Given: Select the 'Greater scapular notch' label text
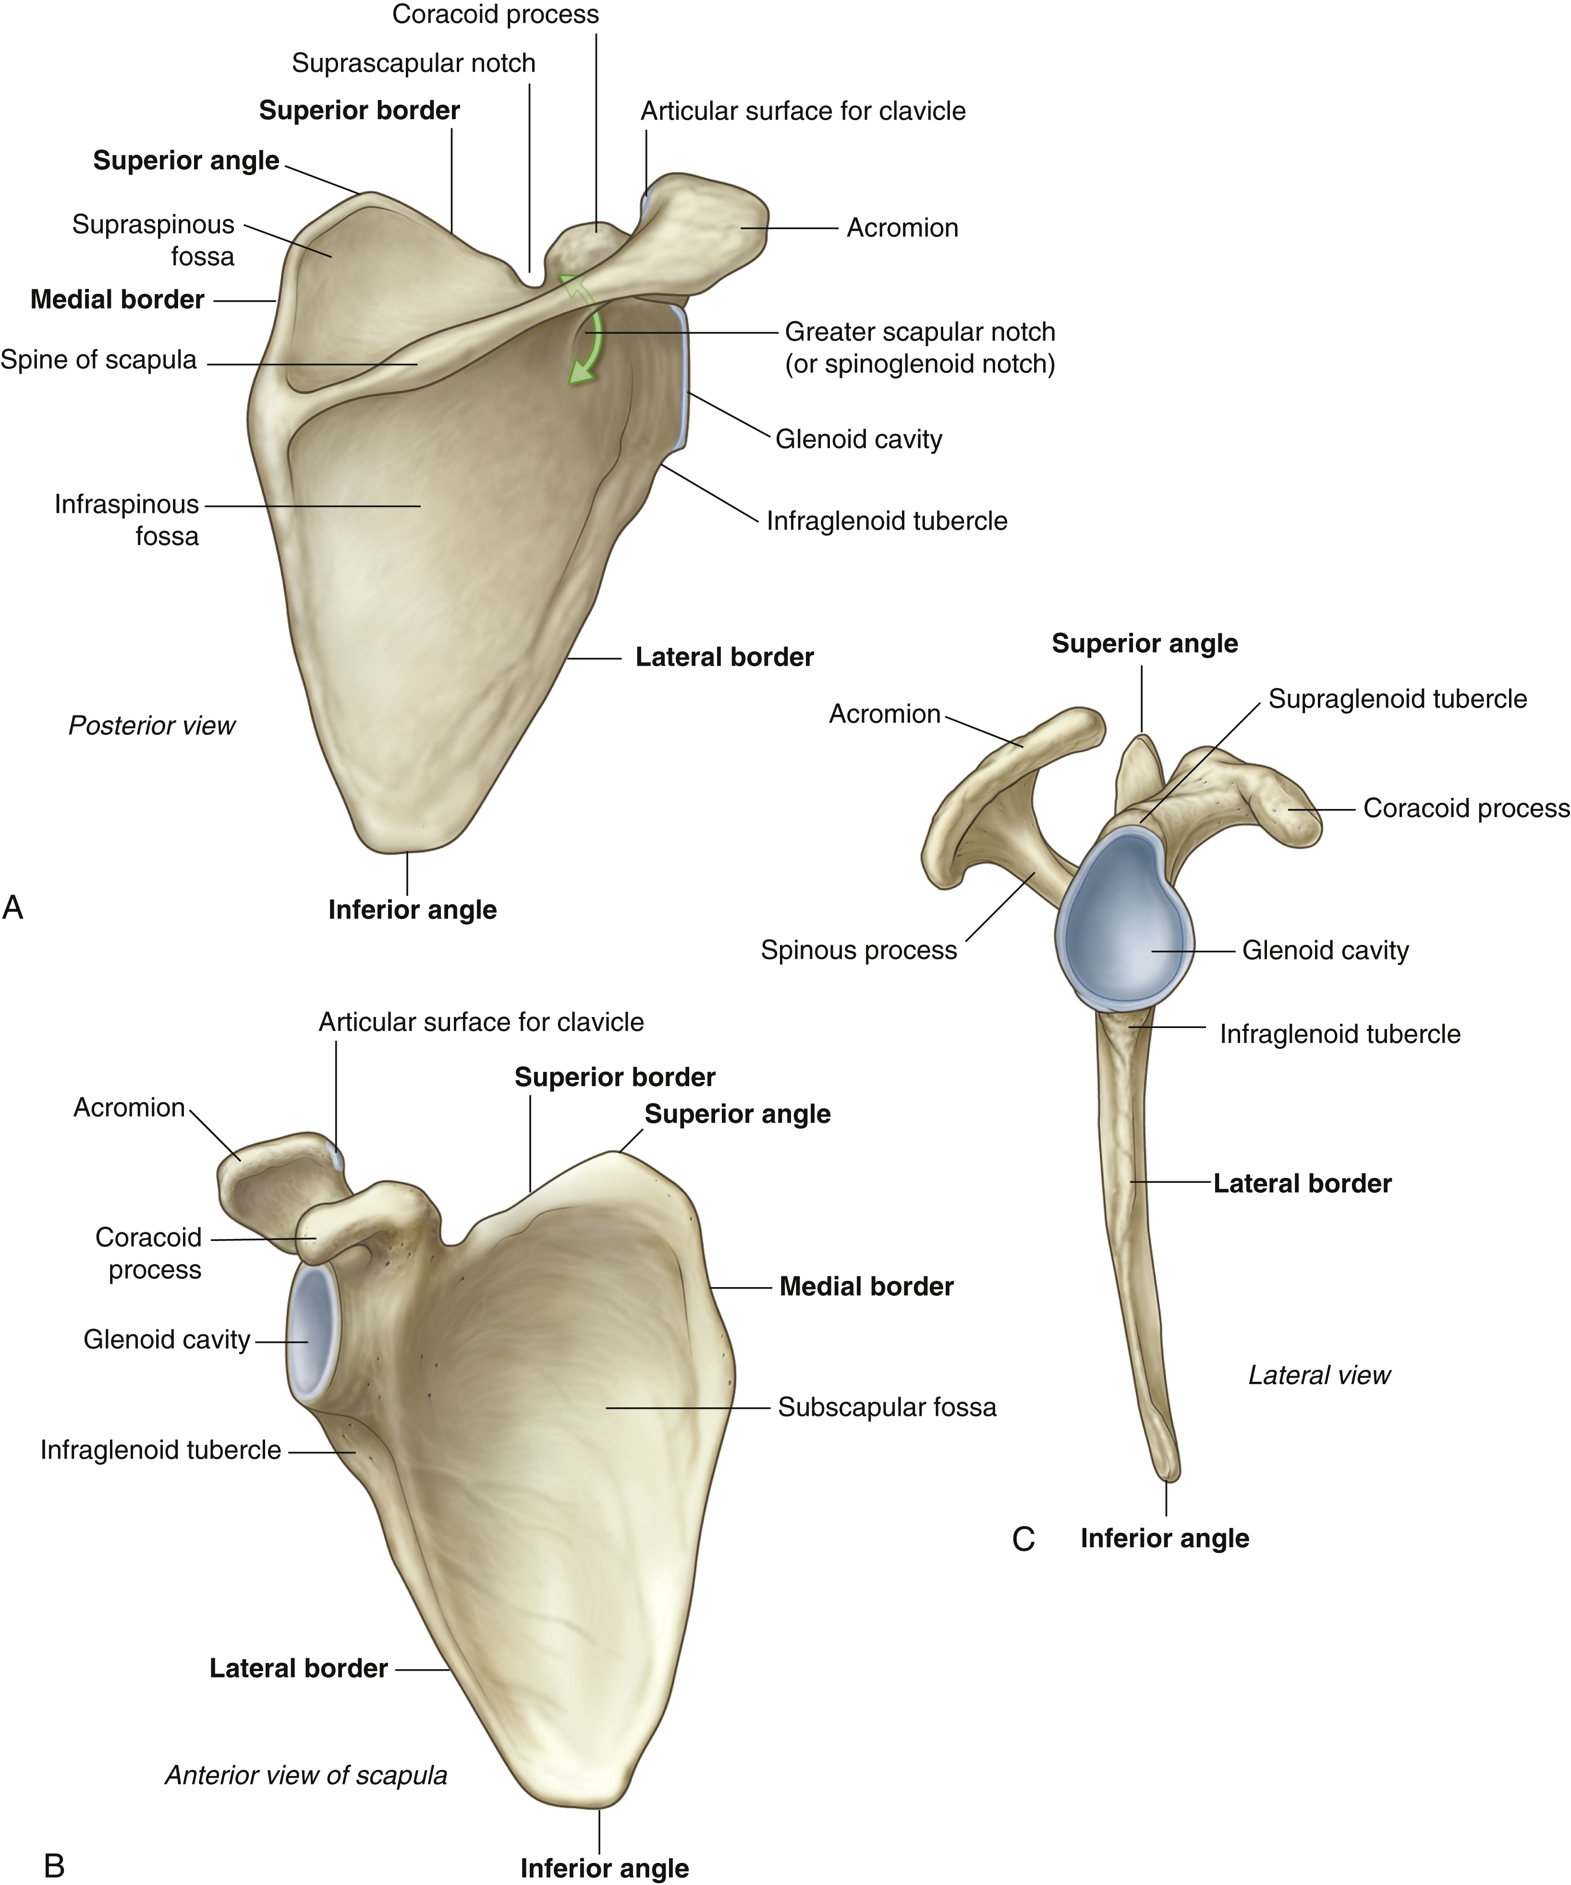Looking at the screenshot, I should pos(920,332).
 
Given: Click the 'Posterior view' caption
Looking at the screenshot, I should pos(152,725).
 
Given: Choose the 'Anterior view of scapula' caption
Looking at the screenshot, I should pos(306,1774).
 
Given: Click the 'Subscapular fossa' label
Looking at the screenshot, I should pos(887,1407).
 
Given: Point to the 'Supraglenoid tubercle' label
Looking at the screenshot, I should pos(1397,699).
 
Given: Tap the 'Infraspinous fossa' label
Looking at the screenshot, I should pos(126,520).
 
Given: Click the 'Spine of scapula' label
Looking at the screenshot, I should pos(98,360).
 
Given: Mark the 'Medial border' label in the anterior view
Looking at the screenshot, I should pos(866,1286).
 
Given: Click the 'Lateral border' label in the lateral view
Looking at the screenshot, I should pos(1302,1183).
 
